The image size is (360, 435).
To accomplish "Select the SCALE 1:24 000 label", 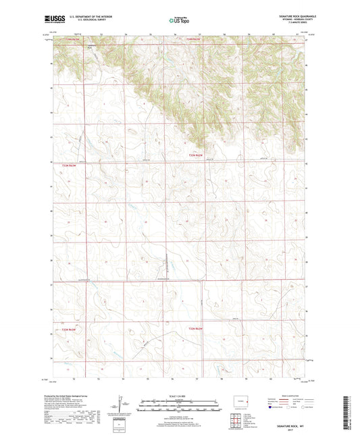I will pos(179,396).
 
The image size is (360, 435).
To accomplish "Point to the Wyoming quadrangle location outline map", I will pos(238,401).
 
